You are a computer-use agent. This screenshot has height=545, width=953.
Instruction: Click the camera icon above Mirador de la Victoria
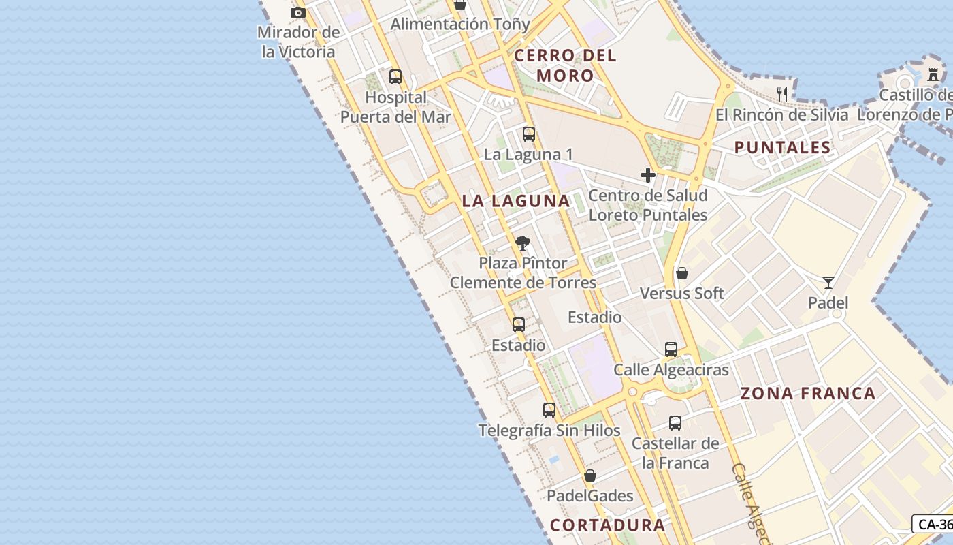[x=297, y=12]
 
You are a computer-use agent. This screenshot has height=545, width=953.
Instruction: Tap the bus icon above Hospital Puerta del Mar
[x=395, y=77]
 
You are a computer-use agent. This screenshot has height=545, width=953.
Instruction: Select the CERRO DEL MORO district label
[x=566, y=65]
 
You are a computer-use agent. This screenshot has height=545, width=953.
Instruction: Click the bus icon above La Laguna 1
[x=529, y=134]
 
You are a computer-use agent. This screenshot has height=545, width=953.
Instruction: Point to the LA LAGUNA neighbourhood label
[x=516, y=201]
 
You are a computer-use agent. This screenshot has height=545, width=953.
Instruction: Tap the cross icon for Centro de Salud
[x=648, y=175]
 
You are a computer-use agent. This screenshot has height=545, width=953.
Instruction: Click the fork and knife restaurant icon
[x=782, y=94]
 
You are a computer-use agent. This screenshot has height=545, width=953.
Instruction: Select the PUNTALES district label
[x=783, y=147]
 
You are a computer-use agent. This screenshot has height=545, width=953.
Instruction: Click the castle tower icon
[x=933, y=74]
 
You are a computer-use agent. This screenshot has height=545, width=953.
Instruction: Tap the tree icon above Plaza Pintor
[x=523, y=243]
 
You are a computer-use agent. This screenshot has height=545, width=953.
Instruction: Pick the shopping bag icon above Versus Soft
[x=682, y=273]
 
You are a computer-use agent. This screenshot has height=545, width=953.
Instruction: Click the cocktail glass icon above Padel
[x=828, y=282]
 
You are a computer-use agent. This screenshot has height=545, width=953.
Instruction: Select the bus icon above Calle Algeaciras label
[x=671, y=349]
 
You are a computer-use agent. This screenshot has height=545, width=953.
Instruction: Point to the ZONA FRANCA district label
[x=808, y=393]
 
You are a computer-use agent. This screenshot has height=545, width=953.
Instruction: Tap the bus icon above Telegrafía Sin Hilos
[x=549, y=410]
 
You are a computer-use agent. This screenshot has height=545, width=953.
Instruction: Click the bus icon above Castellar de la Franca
[x=675, y=423]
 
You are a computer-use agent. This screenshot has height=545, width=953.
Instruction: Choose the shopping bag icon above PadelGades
[x=590, y=476]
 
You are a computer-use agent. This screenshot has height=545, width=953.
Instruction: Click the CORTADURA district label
[x=607, y=525]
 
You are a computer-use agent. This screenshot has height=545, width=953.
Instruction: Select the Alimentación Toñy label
[x=460, y=25]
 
